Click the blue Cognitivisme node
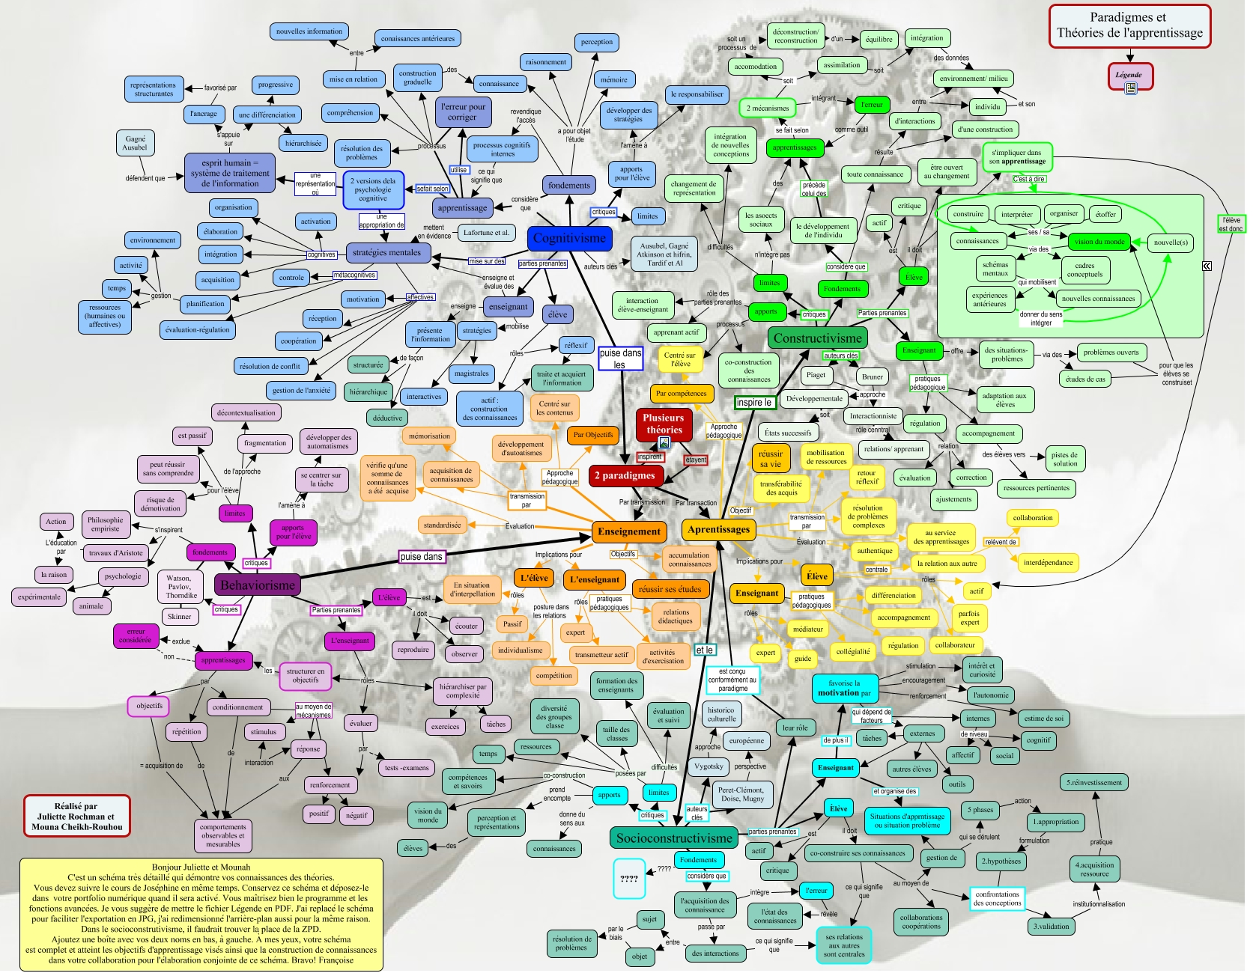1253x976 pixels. pyautogui.click(x=569, y=239)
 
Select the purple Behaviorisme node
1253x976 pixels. pyautogui.click(x=258, y=585)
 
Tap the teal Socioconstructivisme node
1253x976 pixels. pyautogui.click(x=673, y=838)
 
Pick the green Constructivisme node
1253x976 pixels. pyautogui.click(x=817, y=338)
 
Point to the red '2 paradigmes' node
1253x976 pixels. pyautogui.click(x=625, y=475)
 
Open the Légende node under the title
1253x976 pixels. pyautogui.click(x=1129, y=76)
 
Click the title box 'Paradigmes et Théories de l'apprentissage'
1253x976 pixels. pyautogui.click(x=1129, y=26)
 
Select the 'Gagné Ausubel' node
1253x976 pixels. pyautogui.click(x=135, y=143)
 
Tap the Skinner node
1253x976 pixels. pyautogui.click(x=180, y=617)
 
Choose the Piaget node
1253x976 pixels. pyautogui.click(x=816, y=375)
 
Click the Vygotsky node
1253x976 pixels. pyautogui.click(x=709, y=766)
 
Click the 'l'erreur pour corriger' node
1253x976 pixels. pyautogui.click(x=462, y=112)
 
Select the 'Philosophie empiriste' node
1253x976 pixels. pyautogui.click(x=106, y=524)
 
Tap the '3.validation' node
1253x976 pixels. pyautogui.click(x=1052, y=927)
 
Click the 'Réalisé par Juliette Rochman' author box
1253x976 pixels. pyautogui.click(x=76, y=817)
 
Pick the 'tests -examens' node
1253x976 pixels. pyautogui.click(x=407, y=768)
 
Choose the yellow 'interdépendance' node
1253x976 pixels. pyautogui.click(x=1048, y=563)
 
